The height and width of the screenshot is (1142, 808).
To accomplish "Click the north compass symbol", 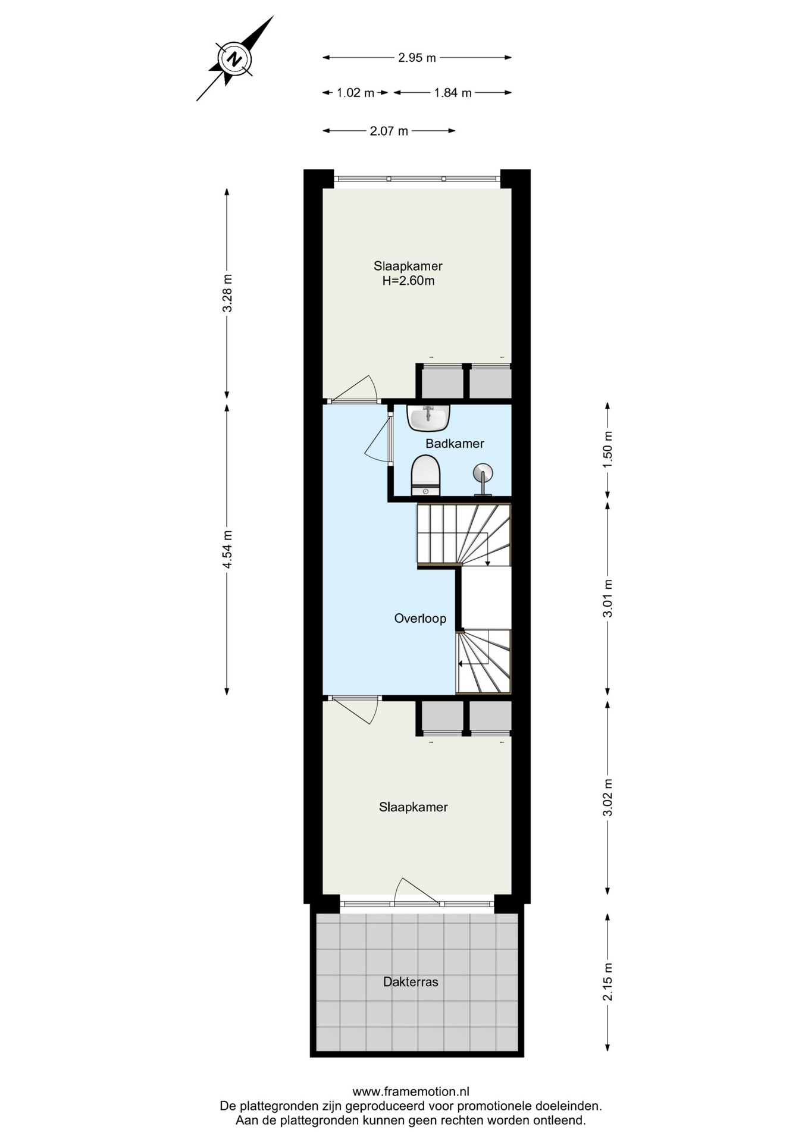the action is pos(235,59).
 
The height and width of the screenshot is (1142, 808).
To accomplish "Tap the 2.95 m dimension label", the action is pos(417,58).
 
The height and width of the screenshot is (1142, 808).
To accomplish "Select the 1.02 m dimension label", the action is pos(355,93).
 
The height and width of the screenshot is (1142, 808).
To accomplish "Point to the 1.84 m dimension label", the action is pos(453,93).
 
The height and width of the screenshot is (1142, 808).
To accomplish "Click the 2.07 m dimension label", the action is pos(389,131).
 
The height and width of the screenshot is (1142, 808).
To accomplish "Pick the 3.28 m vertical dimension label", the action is pos(227,293).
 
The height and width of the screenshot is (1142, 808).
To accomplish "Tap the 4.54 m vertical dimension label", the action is pos(227,549).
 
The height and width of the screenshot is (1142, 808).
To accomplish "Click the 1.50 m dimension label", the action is pos(607,449).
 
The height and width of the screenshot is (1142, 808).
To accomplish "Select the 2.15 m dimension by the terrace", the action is pos(607,982).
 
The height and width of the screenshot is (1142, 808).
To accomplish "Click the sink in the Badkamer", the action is pos(428,418).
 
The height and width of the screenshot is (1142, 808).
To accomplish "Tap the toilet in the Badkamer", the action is pos(425,475).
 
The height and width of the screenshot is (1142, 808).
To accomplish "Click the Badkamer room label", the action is pos(455,444).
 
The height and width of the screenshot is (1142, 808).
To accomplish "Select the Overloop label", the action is pos(420,619).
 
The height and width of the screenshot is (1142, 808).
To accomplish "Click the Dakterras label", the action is pos(411,982).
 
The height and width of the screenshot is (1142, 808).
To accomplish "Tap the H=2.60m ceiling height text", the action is pos(408,281).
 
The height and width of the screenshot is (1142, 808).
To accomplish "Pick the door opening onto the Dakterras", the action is pos(416,892).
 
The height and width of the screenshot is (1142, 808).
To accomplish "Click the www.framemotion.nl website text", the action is pos(411,1091).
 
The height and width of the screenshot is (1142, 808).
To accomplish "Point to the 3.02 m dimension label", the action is pos(607,798).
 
